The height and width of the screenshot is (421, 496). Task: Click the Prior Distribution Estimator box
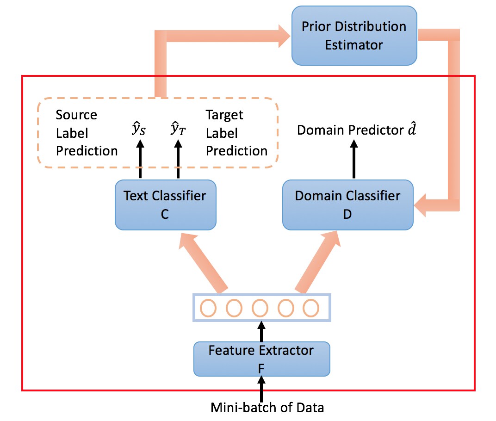click(354, 36)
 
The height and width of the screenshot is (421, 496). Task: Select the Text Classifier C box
click(166, 205)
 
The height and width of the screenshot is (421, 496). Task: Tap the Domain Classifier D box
click(347, 205)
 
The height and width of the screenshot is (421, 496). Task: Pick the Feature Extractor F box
click(261, 359)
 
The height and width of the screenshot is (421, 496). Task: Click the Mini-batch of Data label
click(267, 408)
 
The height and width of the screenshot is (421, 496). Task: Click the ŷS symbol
click(138, 129)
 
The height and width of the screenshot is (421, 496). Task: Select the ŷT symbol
click(178, 129)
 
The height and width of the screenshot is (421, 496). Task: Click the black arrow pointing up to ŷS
click(140, 159)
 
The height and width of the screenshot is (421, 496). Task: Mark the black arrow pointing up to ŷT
click(178, 159)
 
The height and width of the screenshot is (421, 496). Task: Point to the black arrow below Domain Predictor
click(354, 159)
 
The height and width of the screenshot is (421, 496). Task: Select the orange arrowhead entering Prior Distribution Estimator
click(285, 36)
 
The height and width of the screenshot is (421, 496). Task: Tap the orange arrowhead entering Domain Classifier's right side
click(420, 205)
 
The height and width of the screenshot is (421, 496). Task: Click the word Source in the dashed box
click(76, 115)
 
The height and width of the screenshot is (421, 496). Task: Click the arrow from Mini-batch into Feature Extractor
click(261, 389)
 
